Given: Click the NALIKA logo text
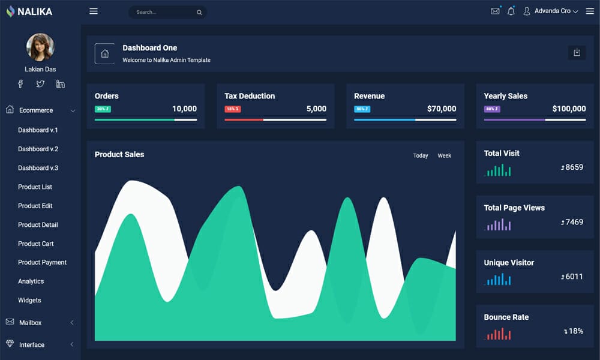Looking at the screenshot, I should tap(34, 11).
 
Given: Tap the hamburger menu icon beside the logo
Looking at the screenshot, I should tap(94, 11).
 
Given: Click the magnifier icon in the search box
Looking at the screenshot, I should tap(199, 12).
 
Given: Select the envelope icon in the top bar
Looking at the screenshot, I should tap(495, 11).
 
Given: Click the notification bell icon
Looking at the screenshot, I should tap(511, 11).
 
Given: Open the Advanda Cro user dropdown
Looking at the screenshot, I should tap(551, 11).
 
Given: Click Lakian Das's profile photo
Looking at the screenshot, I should tap(40, 47).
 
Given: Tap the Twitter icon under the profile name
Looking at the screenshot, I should tap(40, 84).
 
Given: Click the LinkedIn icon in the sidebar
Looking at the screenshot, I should tap(61, 84).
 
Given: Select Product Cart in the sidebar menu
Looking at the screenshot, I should tap(36, 244).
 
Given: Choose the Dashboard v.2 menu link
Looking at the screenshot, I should tap(38, 149).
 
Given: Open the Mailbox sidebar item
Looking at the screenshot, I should tap(31, 323).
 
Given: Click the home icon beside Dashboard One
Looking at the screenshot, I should tap(104, 53).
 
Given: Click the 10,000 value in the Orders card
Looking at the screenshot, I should tap(184, 109).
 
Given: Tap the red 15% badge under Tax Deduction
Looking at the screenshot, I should tap(233, 109).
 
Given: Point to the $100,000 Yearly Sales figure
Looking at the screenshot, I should tap(569, 109).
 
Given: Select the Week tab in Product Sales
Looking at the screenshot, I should tap(444, 155).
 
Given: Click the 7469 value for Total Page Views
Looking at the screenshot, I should tap(572, 222).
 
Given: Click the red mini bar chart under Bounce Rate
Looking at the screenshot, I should tap(499, 334).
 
